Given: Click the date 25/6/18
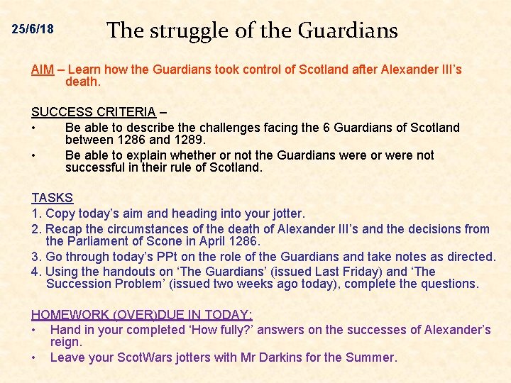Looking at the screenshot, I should point(33,30).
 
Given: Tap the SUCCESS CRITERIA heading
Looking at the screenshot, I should point(93,111).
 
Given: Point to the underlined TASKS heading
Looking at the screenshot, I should point(52,198).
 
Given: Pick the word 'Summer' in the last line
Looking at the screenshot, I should point(372,357).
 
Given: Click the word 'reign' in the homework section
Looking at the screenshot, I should point(65,343).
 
